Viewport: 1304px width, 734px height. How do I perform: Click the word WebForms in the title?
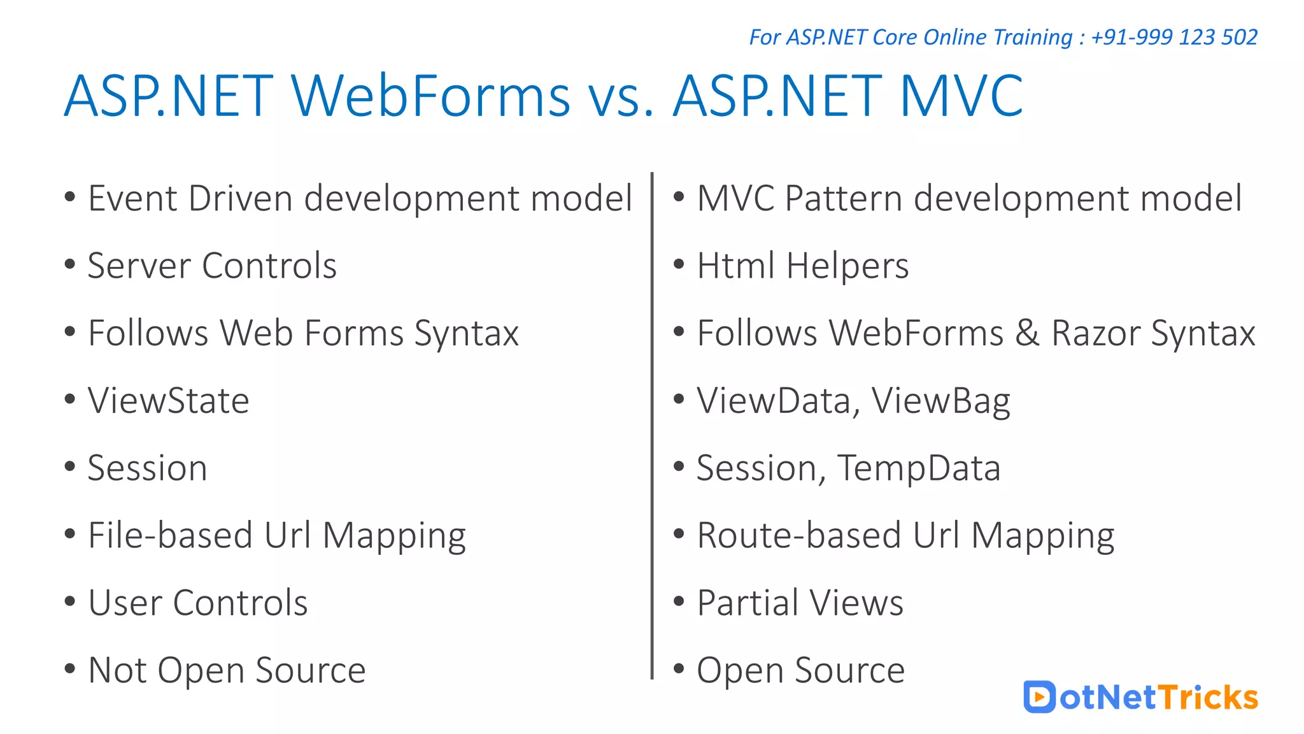coord(431,96)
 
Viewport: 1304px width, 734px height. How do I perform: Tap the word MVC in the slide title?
coord(961,96)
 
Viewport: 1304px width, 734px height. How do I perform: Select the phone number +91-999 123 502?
coord(1174,37)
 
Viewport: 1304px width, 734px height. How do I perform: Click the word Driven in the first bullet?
coord(241,198)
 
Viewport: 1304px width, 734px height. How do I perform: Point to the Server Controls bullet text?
coord(212,266)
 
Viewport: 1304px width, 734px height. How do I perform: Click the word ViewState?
coord(169,401)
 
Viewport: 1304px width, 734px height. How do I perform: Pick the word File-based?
coord(170,535)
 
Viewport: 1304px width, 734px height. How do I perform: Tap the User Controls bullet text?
coord(198,603)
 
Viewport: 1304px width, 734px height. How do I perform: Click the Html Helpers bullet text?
coord(803,266)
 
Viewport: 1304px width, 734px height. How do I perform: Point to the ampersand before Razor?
coord(1027,333)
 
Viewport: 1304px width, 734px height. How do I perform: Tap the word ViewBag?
coord(940,401)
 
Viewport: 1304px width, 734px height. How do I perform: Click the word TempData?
coord(919,468)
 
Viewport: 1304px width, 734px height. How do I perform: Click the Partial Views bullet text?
coord(800,603)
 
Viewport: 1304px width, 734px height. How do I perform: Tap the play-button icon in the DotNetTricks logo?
coord(1039,697)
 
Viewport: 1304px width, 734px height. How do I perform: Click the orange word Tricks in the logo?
coord(1208,697)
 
